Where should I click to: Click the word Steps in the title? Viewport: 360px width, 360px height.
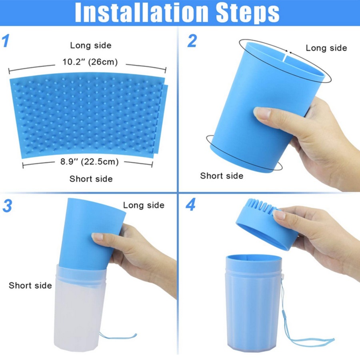tap(248, 13)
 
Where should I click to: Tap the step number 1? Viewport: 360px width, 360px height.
tap(6, 41)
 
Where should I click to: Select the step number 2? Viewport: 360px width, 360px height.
tap(192, 41)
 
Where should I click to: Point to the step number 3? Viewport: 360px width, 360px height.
tap(7, 206)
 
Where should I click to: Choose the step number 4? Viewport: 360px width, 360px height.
tap(190, 204)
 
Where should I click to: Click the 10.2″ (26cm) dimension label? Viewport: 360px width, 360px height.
tap(90, 62)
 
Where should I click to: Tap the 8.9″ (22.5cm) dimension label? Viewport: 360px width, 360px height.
tap(90, 162)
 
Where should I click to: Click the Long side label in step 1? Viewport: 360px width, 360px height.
tap(91, 45)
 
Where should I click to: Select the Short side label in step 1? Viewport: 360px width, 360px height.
tap(91, 179)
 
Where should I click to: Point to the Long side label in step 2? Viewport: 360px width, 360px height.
tap(326, 48)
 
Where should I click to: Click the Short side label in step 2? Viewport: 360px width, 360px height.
tap(222, 176)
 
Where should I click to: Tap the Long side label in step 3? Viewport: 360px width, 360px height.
tap(144, 205)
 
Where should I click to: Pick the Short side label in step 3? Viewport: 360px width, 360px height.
tap(30, 285)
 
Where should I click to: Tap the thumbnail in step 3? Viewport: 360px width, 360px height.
tap(97, 237)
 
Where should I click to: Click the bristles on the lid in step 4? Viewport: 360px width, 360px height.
tap(261, 206)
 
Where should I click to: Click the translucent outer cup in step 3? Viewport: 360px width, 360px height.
tap(80, 310)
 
